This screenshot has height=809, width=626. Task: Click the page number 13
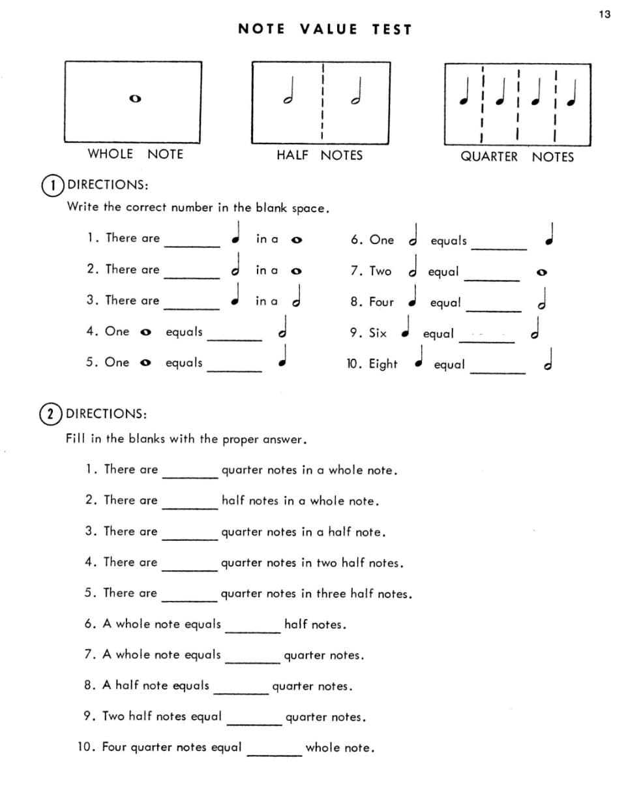point(604,14)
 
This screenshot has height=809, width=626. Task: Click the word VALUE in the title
point(329,29)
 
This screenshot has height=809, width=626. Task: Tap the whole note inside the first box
point(135,99)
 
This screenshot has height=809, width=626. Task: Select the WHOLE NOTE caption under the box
point(135,154)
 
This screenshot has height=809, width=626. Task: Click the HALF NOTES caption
point(319,155)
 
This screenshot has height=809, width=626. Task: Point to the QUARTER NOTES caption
point(517,157)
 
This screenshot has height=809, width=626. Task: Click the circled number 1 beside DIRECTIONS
point(53,185)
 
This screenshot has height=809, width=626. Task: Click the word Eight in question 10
point(383,364)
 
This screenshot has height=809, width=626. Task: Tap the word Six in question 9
point(378,333)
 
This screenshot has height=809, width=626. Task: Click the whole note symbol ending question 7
point(541,273)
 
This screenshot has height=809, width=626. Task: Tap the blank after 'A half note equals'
point(241,692)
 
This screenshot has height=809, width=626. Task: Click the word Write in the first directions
point(83,207)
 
